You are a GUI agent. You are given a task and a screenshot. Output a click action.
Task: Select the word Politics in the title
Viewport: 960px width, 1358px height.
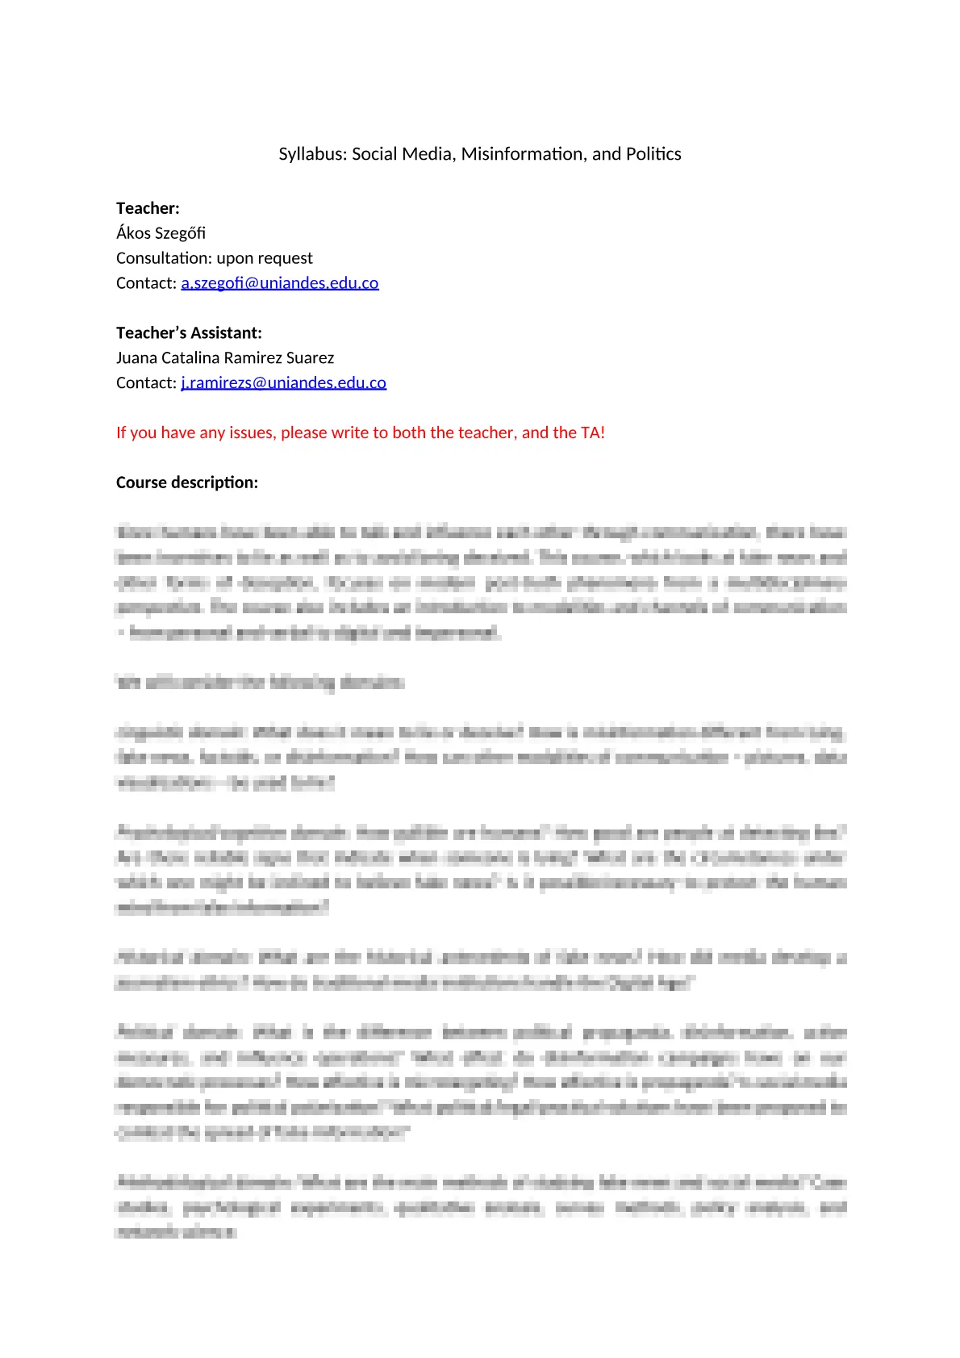click(653, 154)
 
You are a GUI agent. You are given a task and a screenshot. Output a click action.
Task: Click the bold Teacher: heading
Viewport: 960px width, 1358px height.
click(148, 208)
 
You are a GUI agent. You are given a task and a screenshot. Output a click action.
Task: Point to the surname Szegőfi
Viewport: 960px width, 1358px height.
click(181, 233)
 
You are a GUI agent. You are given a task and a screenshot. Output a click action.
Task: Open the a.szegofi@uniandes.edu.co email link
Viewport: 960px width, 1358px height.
click(279, 283)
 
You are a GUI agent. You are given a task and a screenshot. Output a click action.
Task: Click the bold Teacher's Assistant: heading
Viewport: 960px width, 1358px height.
click(189, 333)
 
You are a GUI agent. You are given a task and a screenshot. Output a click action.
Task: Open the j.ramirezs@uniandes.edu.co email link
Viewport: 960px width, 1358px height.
click(283, 383)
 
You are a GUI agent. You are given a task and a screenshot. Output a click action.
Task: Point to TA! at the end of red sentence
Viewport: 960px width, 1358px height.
click(592, 433)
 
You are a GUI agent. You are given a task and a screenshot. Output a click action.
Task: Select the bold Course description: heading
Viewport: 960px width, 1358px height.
click(187, 483)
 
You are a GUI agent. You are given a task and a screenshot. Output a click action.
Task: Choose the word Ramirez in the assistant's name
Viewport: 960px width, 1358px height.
click(253, 358)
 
